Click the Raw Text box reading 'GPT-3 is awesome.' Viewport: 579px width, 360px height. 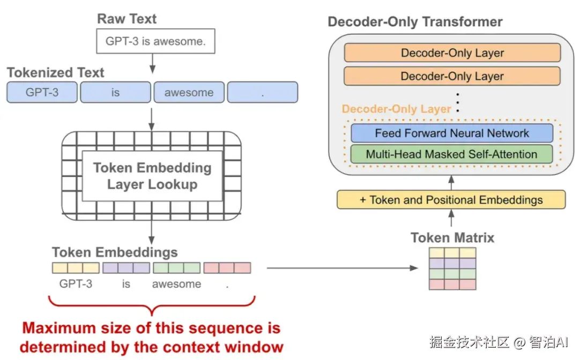[155, 41]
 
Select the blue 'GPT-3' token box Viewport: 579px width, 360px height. [42, 92]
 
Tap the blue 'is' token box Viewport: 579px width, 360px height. [116, 92]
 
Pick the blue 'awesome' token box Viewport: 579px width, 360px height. [189, 92]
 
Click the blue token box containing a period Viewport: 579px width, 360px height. [263, 92]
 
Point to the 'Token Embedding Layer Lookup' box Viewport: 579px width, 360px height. [152, 176]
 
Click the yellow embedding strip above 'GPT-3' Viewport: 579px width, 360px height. [76, 268]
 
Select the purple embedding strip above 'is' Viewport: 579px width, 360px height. [127, 268]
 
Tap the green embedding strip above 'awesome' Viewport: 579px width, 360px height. [177, 268]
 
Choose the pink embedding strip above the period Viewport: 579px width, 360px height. [227, 268]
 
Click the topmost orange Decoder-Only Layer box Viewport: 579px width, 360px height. [452, 52]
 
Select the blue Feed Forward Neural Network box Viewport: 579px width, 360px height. [452, 133]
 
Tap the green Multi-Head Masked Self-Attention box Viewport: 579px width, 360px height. [451, 154]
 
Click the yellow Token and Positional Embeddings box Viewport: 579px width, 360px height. [451, 199]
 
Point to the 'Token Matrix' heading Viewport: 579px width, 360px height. [452, 237]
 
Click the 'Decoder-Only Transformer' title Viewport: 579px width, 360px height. [415, 22]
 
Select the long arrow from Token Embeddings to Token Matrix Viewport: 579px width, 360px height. [342, 268]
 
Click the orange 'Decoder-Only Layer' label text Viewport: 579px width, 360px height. [396, 109]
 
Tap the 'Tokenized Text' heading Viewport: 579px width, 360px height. [55, 72]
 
